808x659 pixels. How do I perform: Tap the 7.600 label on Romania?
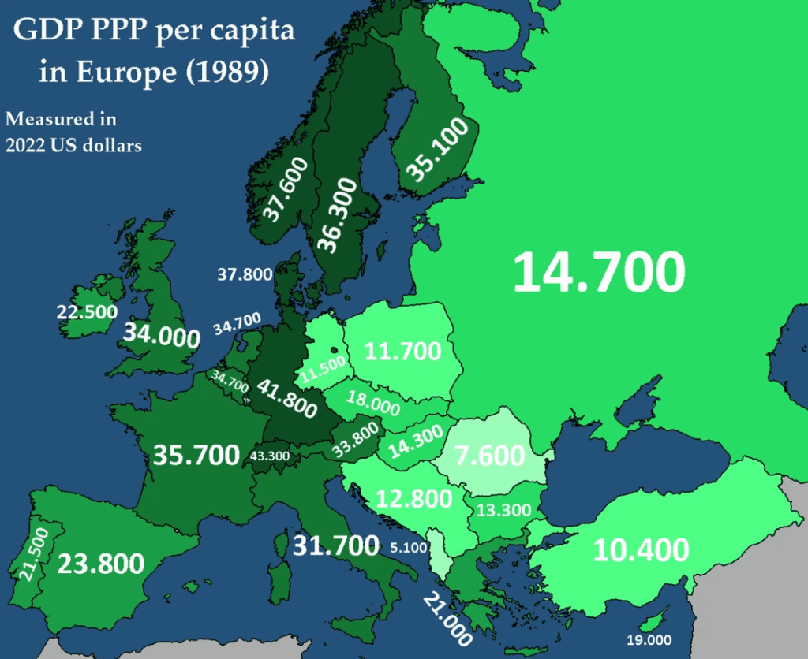pos(489,456)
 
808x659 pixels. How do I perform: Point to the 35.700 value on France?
pos(196,455)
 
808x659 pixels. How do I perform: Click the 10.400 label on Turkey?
pos(641,549)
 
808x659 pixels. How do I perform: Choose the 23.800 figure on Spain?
pos(100,564)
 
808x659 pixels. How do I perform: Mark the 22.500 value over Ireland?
pos(87,311)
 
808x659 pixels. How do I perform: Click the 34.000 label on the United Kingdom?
pos(160,335)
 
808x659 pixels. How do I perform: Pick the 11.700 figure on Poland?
pos(402,350)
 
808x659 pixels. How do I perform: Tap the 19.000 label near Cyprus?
pos(648,639)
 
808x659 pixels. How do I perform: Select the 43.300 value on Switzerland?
pos(270,456)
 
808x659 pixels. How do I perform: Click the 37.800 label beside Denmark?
pos(245,274)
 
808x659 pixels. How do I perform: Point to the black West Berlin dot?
pos(335,351)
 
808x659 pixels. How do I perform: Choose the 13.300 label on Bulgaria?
pos(504,510)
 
